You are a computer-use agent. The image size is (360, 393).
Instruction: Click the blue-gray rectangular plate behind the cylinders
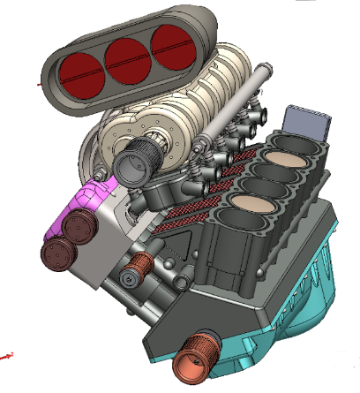point(309,122)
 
